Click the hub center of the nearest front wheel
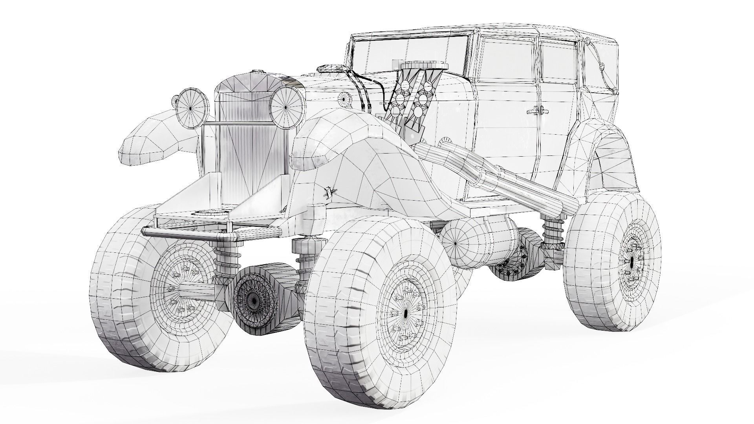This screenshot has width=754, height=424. tap(405, 313)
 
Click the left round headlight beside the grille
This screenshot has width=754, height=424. tap(191, 107)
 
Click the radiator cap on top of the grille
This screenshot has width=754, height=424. tap(258, 71)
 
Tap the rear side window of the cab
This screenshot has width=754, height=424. tap(558, 63)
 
